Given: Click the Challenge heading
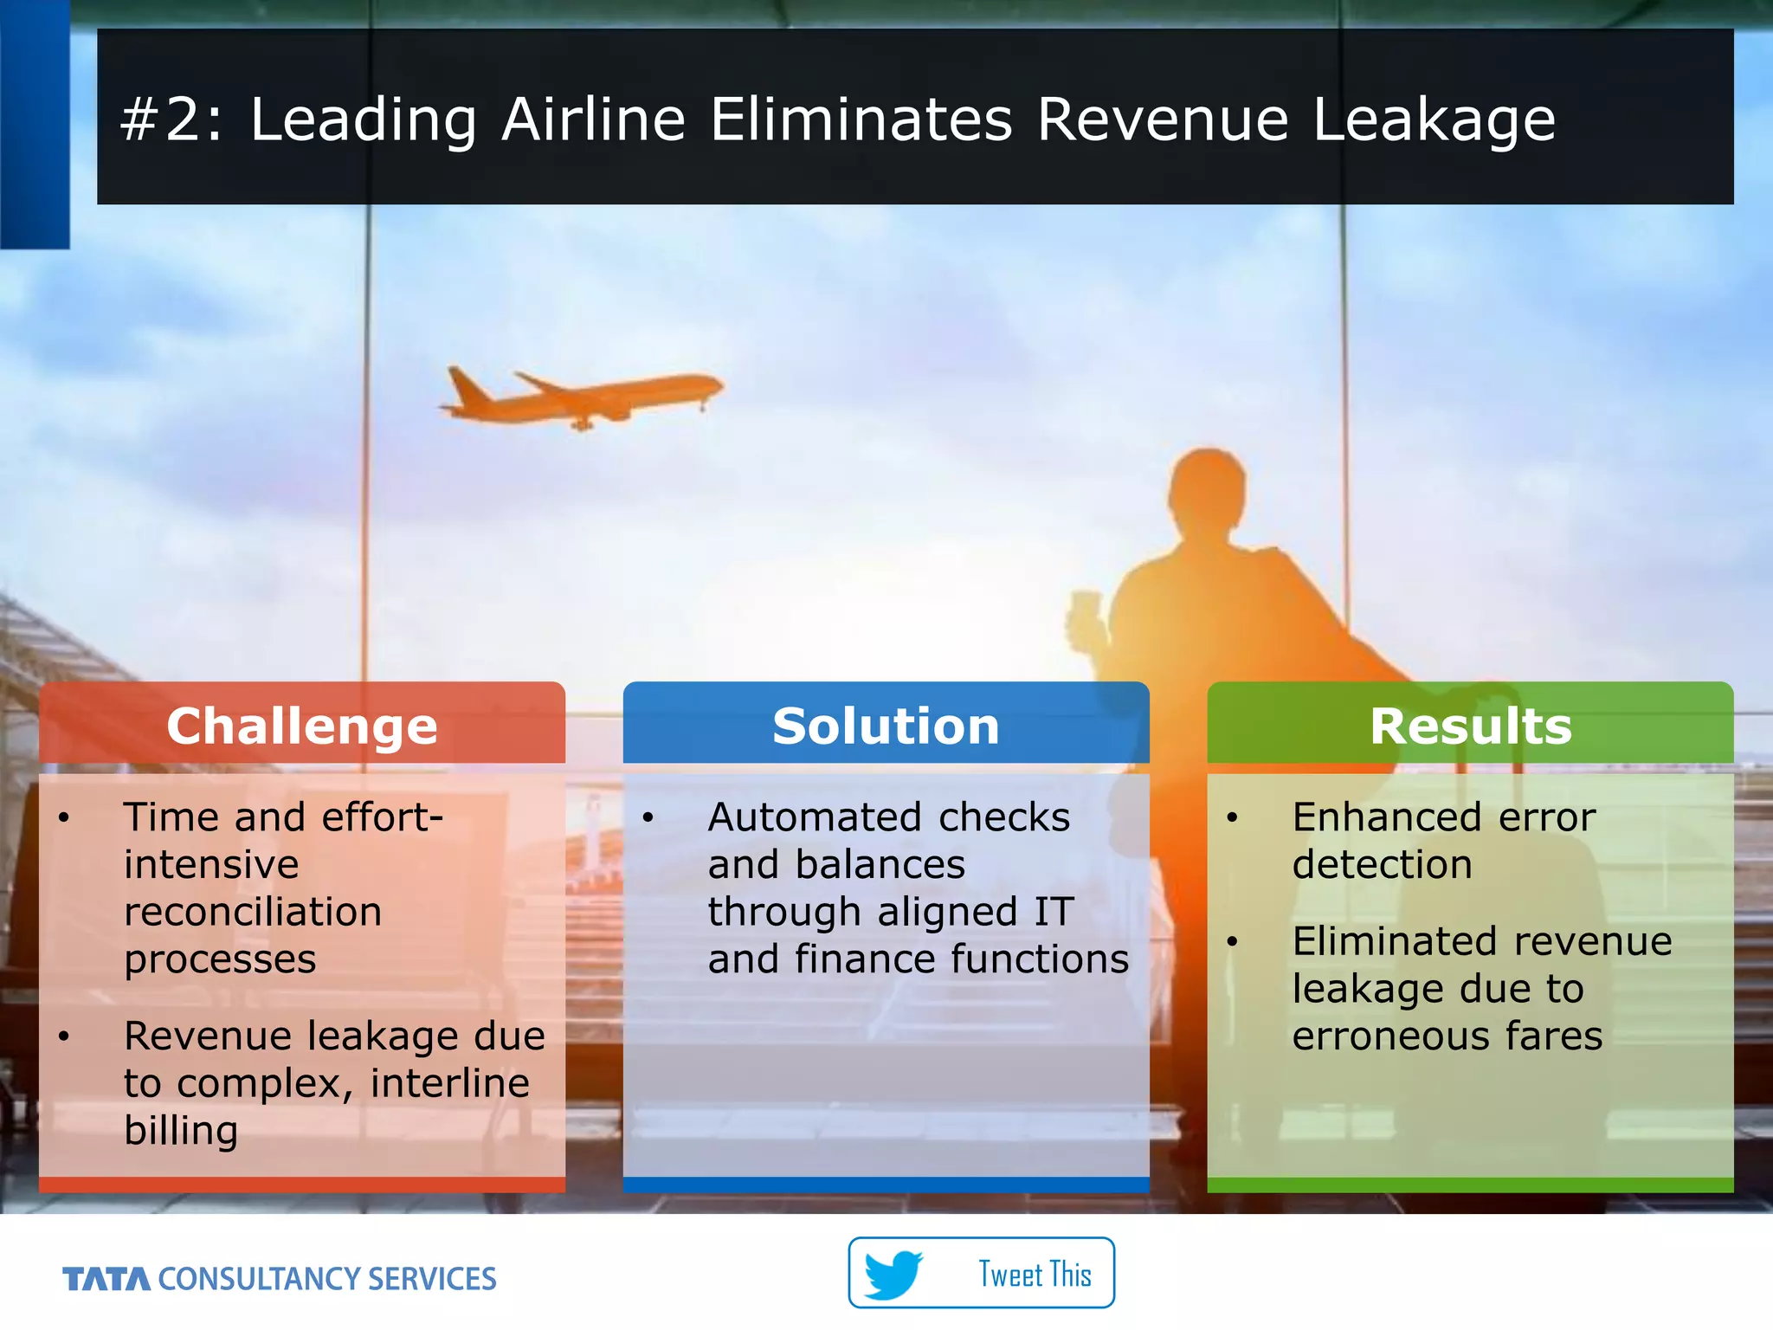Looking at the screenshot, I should pyautogui.click(x=301, y=726).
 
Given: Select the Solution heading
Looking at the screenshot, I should pyautogui.click(x=886, y=726).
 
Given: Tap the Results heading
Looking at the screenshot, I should pyautogui.click(x=1470, y=726).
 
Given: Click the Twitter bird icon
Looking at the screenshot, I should pyautogui.click(x=893, y=1274).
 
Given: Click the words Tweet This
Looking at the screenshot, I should pyautogui.click(x=1035, y=1275).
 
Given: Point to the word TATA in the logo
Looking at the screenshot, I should pyautogui.click(x=106, y=1279).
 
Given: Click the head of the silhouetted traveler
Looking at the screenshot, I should pyautogui.click(x=1208, y=489).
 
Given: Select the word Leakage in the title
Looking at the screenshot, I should pyautogui.click(x=1434, y=119).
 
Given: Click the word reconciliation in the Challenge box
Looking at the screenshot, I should pyautogui.click(x=252, y=912).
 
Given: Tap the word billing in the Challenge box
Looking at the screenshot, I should pyautogui.click(x=181, y=1130).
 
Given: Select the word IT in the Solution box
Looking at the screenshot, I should pyautogui.click(x=1054, y=912).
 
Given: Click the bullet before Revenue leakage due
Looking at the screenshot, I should pyautogui.click(x=64, y=1036).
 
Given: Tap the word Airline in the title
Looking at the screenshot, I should pyautogui.click(x=593, y=119).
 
